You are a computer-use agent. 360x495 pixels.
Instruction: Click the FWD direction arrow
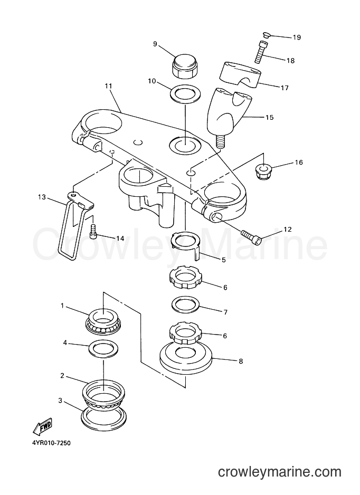[42, 425]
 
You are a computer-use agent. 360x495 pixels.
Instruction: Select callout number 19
[297, 37]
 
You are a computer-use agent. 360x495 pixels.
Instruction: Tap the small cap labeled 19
[266, 35]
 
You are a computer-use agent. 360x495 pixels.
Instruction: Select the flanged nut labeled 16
[262, 171]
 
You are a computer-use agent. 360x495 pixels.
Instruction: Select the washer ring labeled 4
[104, 348]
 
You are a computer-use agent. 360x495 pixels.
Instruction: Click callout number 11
[109, 86]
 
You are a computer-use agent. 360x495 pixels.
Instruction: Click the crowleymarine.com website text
[280, 472]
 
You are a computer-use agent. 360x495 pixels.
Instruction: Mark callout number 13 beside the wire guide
[42, 197]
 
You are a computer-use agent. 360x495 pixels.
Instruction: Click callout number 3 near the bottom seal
[60, 401]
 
